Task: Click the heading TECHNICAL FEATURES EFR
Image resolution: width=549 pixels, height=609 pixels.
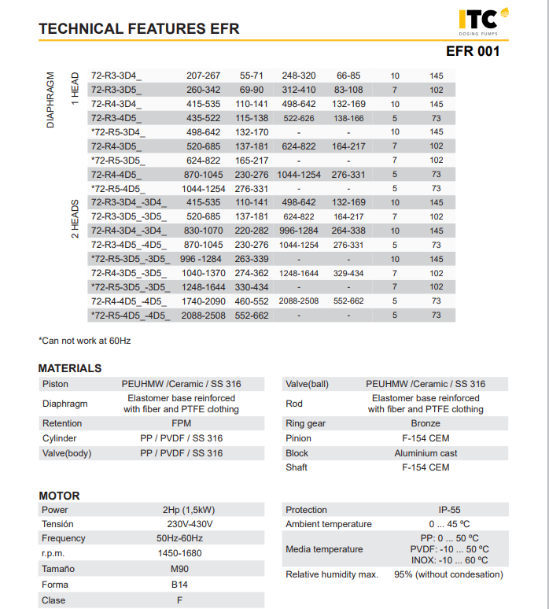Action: click(x=139, y=29)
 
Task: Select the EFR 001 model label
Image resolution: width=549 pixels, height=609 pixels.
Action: click(x=472, y=52)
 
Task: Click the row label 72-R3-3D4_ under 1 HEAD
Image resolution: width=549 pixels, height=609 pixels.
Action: click(x=117, y=76)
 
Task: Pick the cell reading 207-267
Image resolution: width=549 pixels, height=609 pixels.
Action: click(x=203, y=76)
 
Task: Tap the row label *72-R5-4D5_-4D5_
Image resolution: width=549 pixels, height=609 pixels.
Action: click(x=130, y=316)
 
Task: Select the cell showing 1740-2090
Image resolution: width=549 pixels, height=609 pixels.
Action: click(x=204, y=301)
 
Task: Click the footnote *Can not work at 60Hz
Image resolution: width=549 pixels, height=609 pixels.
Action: click(x=84, y=341)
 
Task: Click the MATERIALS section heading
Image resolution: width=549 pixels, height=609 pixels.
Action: click(x=70, y=368)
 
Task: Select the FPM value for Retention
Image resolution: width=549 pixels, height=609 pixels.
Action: click(x=181, y=423)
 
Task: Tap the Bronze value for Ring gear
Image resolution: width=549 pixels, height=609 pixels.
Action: click(x=426, y=423)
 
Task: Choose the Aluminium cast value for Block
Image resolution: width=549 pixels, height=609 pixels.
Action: click(x=426, y=453)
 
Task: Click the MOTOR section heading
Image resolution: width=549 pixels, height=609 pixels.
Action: click(x=59, y=496)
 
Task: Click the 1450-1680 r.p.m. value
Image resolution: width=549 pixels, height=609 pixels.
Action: click(x=179, y=553)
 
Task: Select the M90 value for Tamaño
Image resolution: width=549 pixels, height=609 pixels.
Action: click(x=179, y=568)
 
